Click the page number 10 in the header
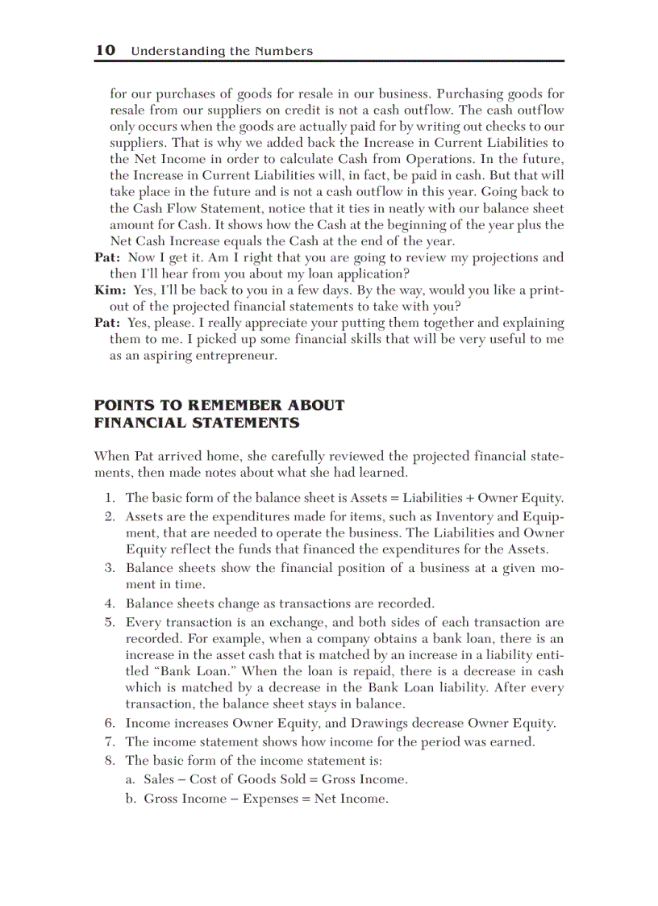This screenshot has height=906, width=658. (x=105, y=50)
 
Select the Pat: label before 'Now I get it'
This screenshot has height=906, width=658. (x=107, y=257)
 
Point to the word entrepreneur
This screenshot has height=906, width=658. (x=236, y=356)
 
